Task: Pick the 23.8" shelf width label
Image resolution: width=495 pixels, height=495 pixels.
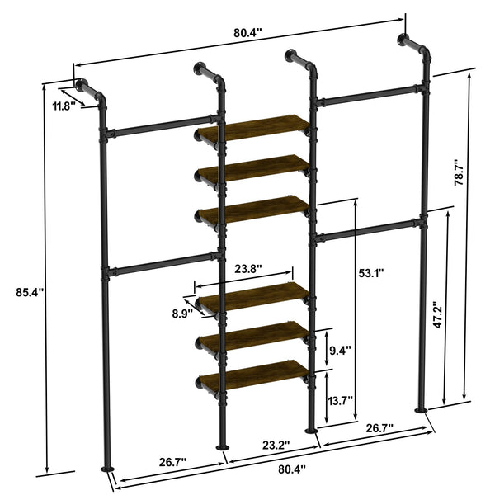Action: pos(247,268)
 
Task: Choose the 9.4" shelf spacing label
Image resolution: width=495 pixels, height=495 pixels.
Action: pos(340,350)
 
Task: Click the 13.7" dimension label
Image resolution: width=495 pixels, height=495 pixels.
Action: pos(340,400)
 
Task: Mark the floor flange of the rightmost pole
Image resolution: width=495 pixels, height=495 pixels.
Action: pos(422,410)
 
